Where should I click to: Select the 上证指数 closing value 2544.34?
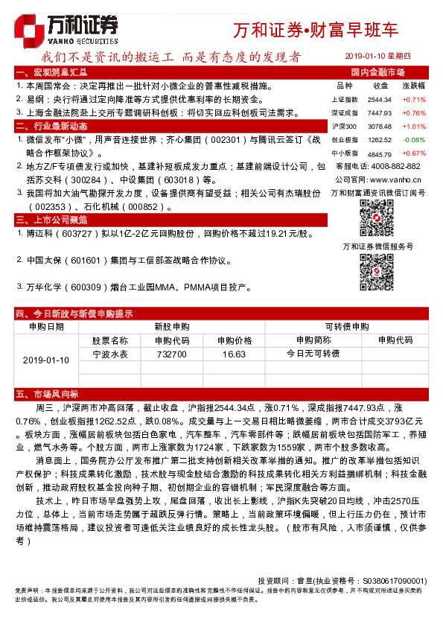click(x=379, y=99)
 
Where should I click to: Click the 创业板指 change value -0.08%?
click(x=414, y=139)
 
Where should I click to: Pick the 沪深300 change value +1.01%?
click(x=414, y=126)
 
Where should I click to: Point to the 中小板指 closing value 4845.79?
click(x=379, y=153)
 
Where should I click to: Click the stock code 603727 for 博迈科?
click(x=78, y=234)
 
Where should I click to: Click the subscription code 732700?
click(x=172, y=354)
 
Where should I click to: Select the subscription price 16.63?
click(x=234, y=354)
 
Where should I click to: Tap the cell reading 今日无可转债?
click(x=313, y=354)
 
